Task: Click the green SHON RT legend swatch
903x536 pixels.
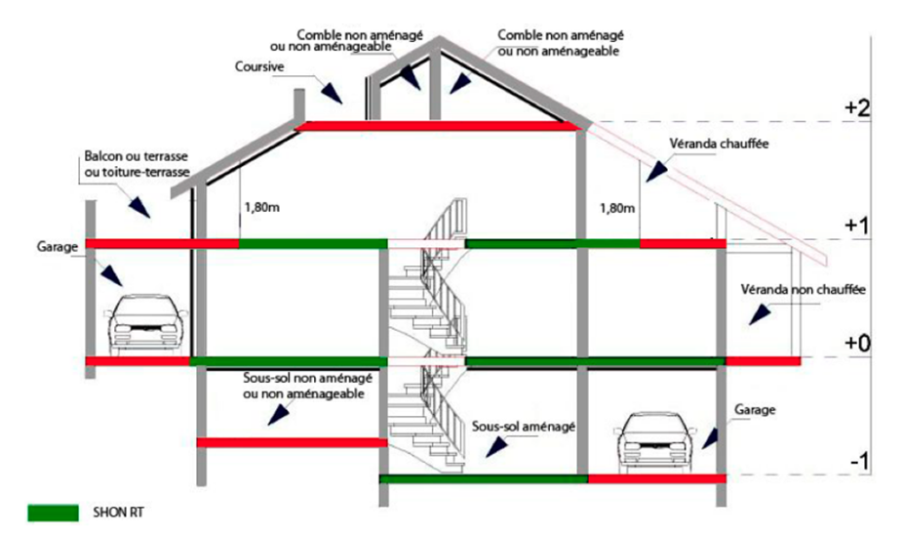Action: [x=54, y=512]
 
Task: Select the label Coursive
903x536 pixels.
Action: [x=259, y=67]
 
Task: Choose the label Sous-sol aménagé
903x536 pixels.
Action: [x=525, y=427]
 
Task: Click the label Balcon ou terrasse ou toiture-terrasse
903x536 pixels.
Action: [x=136, y=165]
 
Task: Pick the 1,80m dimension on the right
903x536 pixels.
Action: [x=618, y=207]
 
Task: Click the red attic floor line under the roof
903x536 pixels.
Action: [x=439, y=126]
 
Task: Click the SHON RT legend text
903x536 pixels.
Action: [x=115, y=512]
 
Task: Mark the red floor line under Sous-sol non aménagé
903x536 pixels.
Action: [x=293, y=442]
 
